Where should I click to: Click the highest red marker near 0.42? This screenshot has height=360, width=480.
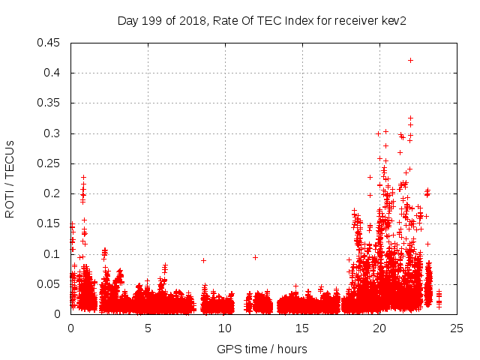(x=410, y=60)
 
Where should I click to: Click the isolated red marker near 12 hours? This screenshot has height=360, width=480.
(x=255, y=257)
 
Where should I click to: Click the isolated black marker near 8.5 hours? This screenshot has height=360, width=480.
(x=203, y=260)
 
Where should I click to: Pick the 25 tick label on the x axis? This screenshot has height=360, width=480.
(x=457, y=328)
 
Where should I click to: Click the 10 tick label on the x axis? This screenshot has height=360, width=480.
(x=225, y=328)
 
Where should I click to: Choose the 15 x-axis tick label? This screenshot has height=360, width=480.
(x=302, y=328)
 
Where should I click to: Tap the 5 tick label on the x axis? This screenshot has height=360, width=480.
(x=148, y=328)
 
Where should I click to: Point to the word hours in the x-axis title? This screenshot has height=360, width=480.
(x=292, y=349)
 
